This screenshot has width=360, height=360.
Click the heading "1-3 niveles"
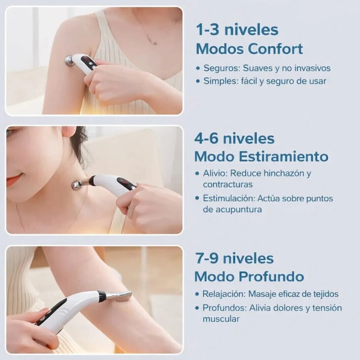pyautogui.click(x=237, y=30)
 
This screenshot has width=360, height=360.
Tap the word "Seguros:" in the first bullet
pyautogui.click(x=222, y=68)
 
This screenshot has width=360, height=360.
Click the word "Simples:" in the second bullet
pyautogui.click(x=221, y=81)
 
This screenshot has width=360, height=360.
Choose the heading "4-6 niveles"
pyautogui.click(x=234, y=138)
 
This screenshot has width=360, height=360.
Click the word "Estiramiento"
pyautogui.click(x=283, y=157)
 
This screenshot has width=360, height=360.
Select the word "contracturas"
pyautogui.click(x=227, y=184)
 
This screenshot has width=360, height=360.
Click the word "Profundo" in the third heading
pyautogui.click(x=271, y=276)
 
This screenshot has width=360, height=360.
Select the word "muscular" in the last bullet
pyautogui.click(x=221, y=319)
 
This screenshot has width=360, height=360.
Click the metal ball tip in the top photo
pyautogui.click(x=70, y=61)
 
